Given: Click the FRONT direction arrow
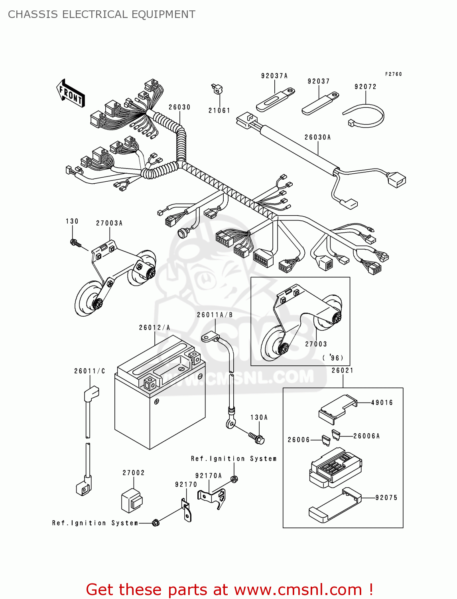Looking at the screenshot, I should point(71,93).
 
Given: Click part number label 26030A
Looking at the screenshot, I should point(317,137).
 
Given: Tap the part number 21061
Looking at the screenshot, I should point(219,111).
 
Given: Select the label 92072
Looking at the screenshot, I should point(365,87).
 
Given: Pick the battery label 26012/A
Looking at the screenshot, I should point(154,328).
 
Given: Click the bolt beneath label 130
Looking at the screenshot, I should point(75,243).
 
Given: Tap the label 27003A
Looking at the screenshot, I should point(109,223).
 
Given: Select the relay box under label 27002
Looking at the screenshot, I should point(132,500).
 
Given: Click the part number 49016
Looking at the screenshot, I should point(382,403).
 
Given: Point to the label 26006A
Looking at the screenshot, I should point(366,436).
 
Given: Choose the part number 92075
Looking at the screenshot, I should point(386,498).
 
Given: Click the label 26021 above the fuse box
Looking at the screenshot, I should point(343,371).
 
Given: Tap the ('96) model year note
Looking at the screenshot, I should point(333,358).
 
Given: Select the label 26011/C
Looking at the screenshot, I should point(89,371).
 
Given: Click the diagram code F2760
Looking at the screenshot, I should point(393,74).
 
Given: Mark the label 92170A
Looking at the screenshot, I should point(208,476).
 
